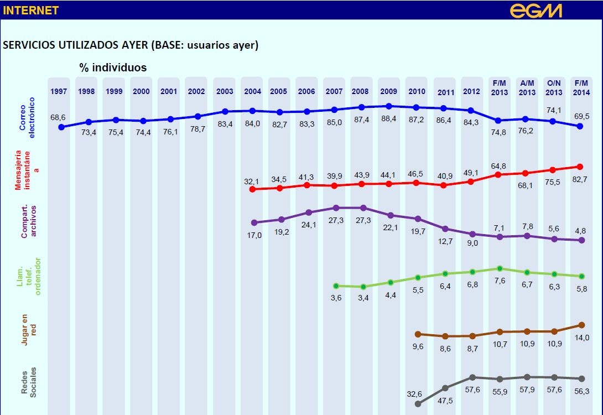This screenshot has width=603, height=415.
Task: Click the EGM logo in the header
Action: tap(536, 10)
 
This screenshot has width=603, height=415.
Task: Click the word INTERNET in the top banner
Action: tap(31, 11)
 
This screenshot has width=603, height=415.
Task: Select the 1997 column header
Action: tap(59, 92)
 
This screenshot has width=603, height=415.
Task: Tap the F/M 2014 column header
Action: tap(581, 88)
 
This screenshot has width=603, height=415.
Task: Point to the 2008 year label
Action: tap(361, 92)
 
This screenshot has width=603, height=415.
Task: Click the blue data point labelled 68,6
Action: tap(61, 127)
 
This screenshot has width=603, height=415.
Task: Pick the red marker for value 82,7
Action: tap(580, 166)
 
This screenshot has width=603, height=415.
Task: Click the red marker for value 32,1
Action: tap(252, 189)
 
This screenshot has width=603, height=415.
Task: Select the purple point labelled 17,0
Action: tap(254, 222)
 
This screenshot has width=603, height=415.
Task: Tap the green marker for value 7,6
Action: tap(500, 268)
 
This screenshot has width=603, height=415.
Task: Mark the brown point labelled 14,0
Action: tap(581, 325)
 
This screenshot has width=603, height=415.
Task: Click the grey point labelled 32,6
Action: tap(417, 404)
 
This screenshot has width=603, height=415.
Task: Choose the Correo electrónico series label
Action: tap(28, 114)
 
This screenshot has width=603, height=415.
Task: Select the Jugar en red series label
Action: tap(28, 330)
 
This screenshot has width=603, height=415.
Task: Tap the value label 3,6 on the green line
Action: tap(336, 299)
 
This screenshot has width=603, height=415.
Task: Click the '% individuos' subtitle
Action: tap(113, 68)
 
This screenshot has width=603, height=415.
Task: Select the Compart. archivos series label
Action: tap(28, 220)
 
